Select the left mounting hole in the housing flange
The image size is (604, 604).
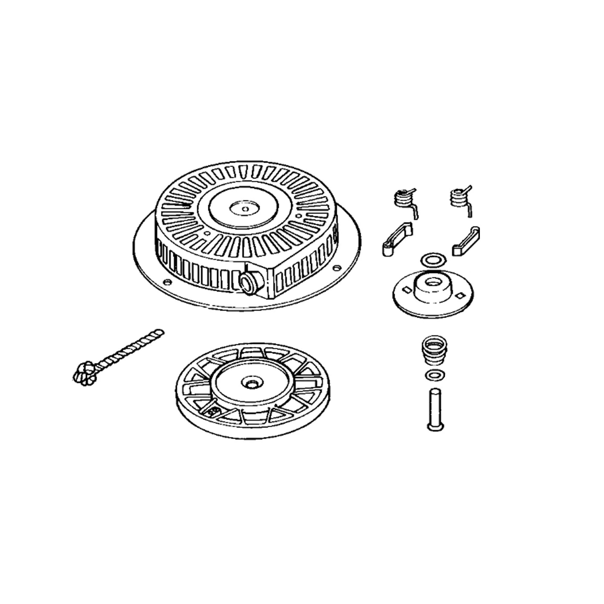(x=168, y=282)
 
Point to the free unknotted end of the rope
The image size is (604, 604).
(x=160, y=331)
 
